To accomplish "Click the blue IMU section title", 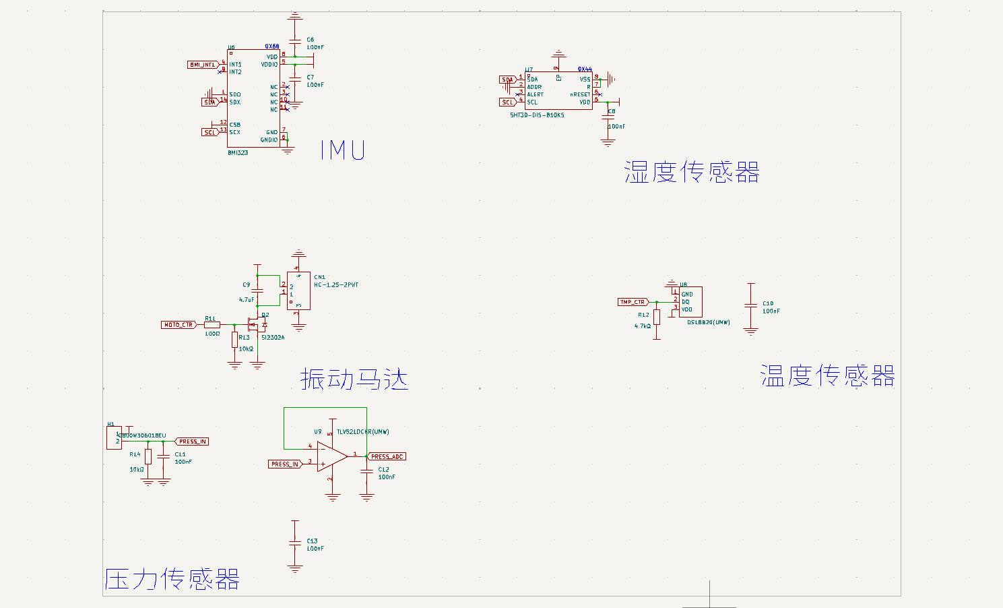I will click(342, 150).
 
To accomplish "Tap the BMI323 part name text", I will click(238, 153).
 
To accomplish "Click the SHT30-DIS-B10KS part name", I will click(537, 115).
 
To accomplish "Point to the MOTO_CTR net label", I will click(179, 325).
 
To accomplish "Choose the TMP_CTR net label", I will click(633, 302).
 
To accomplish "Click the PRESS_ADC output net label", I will click(387, 456).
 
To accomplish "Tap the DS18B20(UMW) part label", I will click(708, 322).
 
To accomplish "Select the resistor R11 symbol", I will click(212, 325).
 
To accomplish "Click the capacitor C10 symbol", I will click(751, 306).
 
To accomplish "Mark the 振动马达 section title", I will click(354, 379).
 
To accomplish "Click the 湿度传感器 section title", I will click(692, 172).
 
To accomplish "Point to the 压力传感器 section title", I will click(172, 579).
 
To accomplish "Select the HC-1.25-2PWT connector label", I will click(336, 285).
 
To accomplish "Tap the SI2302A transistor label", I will click(273, 338).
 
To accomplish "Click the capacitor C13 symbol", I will click(295, 543).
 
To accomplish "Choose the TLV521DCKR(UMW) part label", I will click(362, 432).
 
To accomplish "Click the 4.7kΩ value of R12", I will click(643, 326).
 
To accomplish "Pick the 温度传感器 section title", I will click(827, 375).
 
